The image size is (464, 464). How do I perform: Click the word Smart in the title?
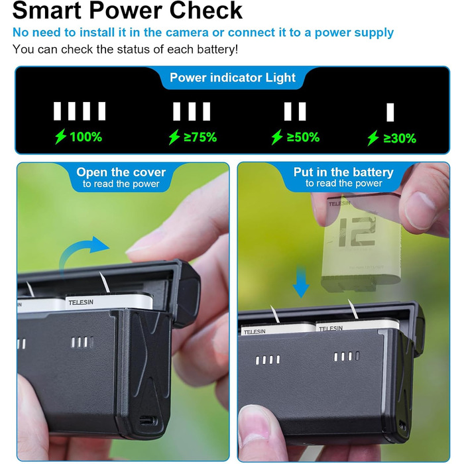[x=47, y=11]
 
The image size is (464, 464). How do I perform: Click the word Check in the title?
[x=206, y=11]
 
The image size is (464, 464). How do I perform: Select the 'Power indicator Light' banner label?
[x=233, y=78]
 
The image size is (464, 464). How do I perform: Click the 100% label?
[x=86, y=137]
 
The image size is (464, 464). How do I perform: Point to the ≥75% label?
[x=200, y=137]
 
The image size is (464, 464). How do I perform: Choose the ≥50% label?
[x=303, y=137]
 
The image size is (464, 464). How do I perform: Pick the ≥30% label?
[x=400, y=139]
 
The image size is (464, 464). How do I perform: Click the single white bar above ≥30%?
[x=390, y=113]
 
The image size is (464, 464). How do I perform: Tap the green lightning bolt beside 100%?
[x=61, y=137]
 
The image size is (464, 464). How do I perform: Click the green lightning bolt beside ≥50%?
[x=277, y=137]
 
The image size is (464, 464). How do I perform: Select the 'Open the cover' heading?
[x=121, y=172]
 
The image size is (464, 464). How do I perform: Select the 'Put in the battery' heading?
[x=343, y=172]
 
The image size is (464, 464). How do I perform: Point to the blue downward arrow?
[x=301, y=281]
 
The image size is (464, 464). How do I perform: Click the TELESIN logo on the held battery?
[x=339, y=203]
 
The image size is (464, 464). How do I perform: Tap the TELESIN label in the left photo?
[x=81, y=302]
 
